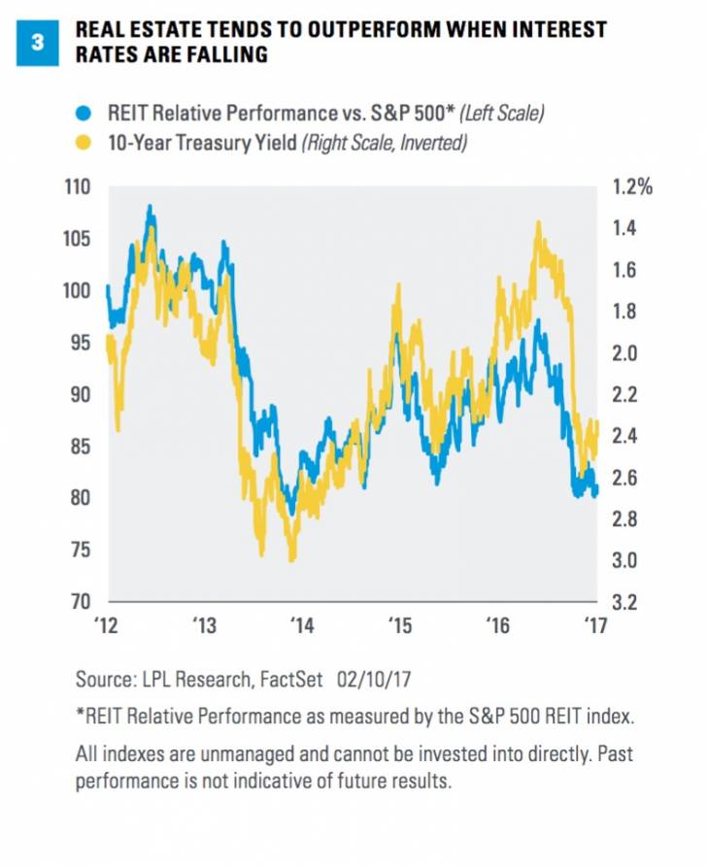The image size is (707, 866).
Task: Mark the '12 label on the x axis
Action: tap(109, 625)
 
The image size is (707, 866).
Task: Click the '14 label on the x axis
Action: tap(302, 625)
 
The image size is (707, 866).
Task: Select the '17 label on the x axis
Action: tap(591, 625)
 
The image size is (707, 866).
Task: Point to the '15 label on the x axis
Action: tap(398, 625)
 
